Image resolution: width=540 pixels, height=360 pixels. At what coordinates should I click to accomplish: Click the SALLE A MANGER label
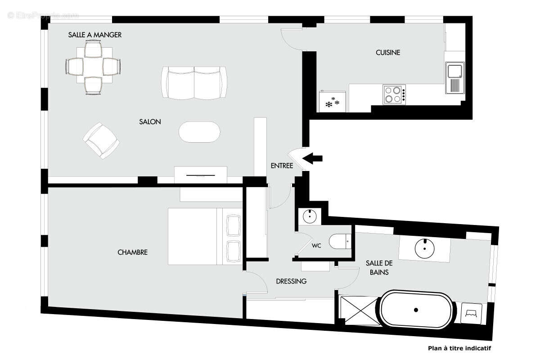pos(95,35)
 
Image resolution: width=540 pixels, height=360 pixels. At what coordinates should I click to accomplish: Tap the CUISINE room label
pos(388,53)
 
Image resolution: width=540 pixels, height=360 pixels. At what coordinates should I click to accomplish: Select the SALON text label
pos(150,122)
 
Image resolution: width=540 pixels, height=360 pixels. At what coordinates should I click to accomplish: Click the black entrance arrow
pos(313,158)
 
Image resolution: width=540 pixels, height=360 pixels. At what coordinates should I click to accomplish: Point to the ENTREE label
pos(282,166)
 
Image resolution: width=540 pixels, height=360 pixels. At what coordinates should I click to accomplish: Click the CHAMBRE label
pos(132,252)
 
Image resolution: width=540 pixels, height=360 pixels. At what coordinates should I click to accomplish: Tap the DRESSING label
pos(291,281)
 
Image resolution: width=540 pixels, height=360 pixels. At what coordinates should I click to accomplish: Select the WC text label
pos(316,246)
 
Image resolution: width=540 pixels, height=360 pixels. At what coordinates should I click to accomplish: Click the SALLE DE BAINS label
pos(377,268)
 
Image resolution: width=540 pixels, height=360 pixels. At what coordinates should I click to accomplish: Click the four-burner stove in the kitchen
pos(393,94)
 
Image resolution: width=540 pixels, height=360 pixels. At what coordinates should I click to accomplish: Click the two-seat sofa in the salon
pos(194,82)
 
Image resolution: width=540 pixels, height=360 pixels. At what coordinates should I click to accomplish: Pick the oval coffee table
pos(200,132)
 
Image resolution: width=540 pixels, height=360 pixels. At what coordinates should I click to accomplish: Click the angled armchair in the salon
pos(102,140)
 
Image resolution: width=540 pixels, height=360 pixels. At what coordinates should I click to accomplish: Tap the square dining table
pos(93,67)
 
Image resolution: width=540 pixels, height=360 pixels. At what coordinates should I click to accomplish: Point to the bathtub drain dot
pos(416,310)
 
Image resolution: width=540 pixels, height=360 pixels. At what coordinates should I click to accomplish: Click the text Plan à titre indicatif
pos(459,348)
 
